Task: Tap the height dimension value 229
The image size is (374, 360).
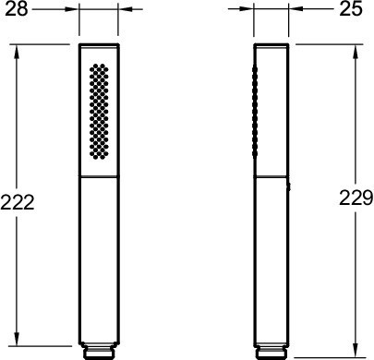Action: click(x=355, y=198)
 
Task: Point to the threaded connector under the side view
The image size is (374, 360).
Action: click(x=271, y=352)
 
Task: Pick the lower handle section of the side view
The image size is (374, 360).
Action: click(x=271, y=258)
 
